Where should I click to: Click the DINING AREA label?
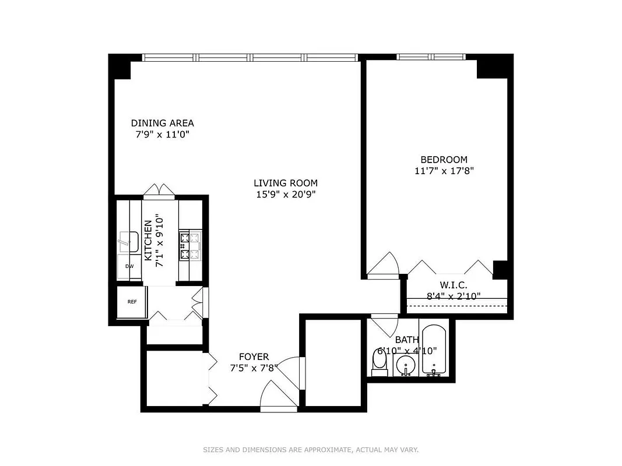click(162, 123)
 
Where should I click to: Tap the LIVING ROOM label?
click(285, 183)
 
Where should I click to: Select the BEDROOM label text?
click(444, 160)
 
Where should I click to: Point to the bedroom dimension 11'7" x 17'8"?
click(444, 171)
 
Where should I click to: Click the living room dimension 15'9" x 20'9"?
click(285, 195)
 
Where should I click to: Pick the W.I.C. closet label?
click(454, 285)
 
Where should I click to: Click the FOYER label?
click(254, 356)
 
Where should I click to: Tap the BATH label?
click(406, 340)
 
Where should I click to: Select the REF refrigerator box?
click(132, 302)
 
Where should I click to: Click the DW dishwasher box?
click(129, 266)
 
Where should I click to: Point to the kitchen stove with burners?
click(189, 246)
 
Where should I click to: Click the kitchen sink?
click(128, 241)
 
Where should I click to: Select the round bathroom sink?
click(405, 366)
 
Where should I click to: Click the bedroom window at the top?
click(431, 57)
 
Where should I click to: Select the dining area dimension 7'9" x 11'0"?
click(162, 135)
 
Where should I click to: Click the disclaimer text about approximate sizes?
click(311, 450)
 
